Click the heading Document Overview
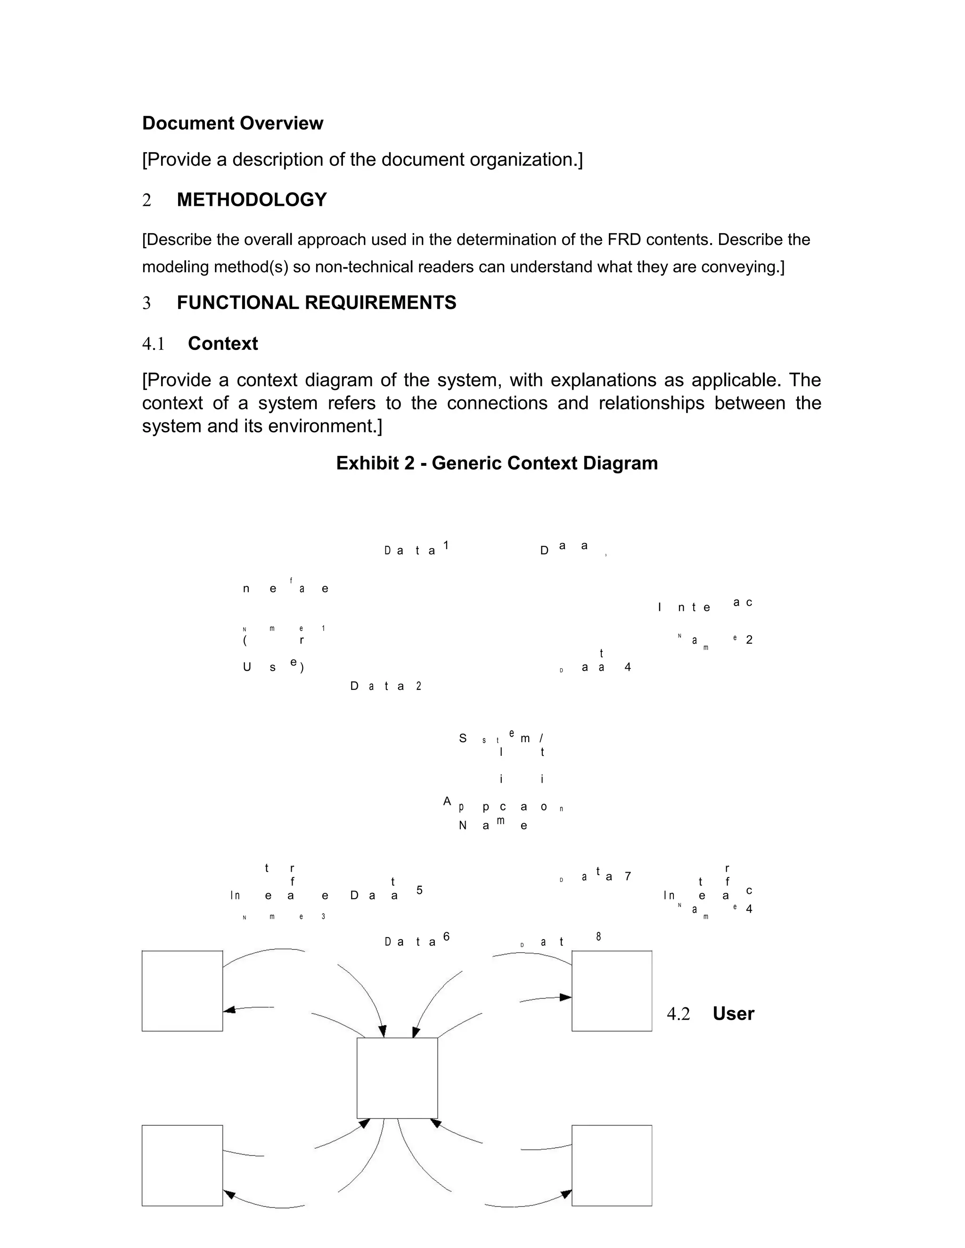point(232,123)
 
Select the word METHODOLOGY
point(252,200)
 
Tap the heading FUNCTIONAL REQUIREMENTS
point(316,303)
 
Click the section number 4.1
point(153,344)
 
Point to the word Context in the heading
point(222,344)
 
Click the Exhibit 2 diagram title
point(496,463)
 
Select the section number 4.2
point(678,1014)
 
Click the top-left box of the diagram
point(182,991)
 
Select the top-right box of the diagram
point(612,991)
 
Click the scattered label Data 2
point(386,686)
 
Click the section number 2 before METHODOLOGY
point(147,200)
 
